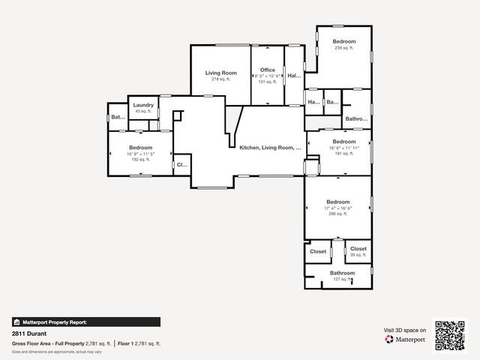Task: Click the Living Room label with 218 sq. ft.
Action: pos(221,73)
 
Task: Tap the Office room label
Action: pos(268,70)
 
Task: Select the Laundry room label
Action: pos(143,105)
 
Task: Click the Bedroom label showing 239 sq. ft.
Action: pos(344,41)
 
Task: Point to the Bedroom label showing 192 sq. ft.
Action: pos(140,148)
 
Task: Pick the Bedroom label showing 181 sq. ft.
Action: pos(344,142)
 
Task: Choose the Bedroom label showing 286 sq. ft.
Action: pos(337,202)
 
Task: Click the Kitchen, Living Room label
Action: pos(270,148)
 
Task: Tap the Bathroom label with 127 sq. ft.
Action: pos(342,273)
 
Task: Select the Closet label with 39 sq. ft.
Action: pos(358,249)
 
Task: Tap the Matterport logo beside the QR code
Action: pos(406,340)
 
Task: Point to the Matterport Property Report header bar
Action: pos(85,322)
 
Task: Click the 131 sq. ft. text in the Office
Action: pos(268,82)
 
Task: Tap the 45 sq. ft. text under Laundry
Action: pos(143,111)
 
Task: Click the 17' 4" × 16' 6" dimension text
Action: pos(337,208)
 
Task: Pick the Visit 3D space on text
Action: pos(405,330)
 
